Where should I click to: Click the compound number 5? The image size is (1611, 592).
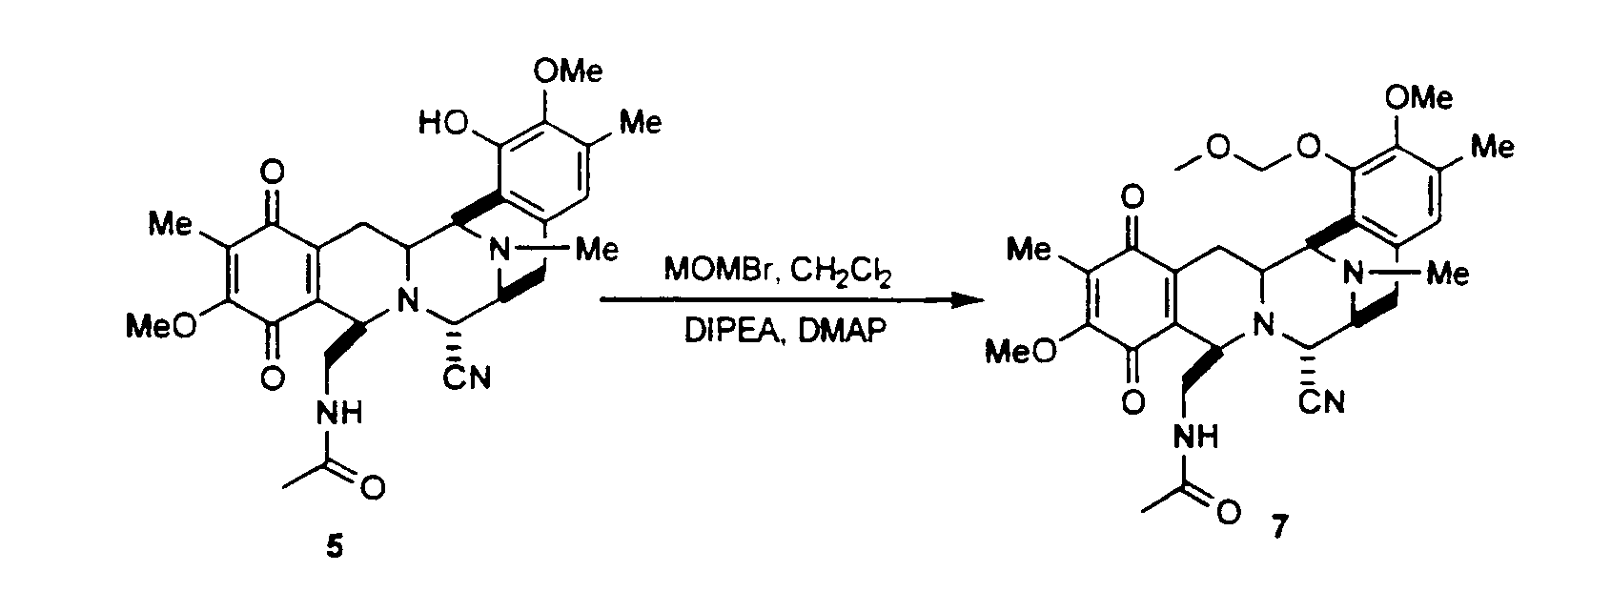point(335,547)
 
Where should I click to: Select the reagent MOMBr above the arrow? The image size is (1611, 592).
point(721,271)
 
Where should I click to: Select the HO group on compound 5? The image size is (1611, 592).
point(441,125)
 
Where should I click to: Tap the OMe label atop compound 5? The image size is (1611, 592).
point(568,71)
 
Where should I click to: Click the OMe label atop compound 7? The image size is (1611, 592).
point(1418,96)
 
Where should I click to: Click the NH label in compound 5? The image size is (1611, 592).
point(338,413)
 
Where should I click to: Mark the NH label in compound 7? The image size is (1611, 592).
point(1196,436)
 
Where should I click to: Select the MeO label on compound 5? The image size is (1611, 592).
point(160,327)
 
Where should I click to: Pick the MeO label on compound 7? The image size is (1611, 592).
point(1021,352)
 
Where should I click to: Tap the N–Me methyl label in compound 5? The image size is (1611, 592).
point(598,251)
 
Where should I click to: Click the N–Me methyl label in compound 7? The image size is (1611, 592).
point(1448,274)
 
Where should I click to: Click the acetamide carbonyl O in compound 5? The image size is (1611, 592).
point(373,489)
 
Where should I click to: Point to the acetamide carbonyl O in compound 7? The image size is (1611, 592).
point(1229,512)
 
